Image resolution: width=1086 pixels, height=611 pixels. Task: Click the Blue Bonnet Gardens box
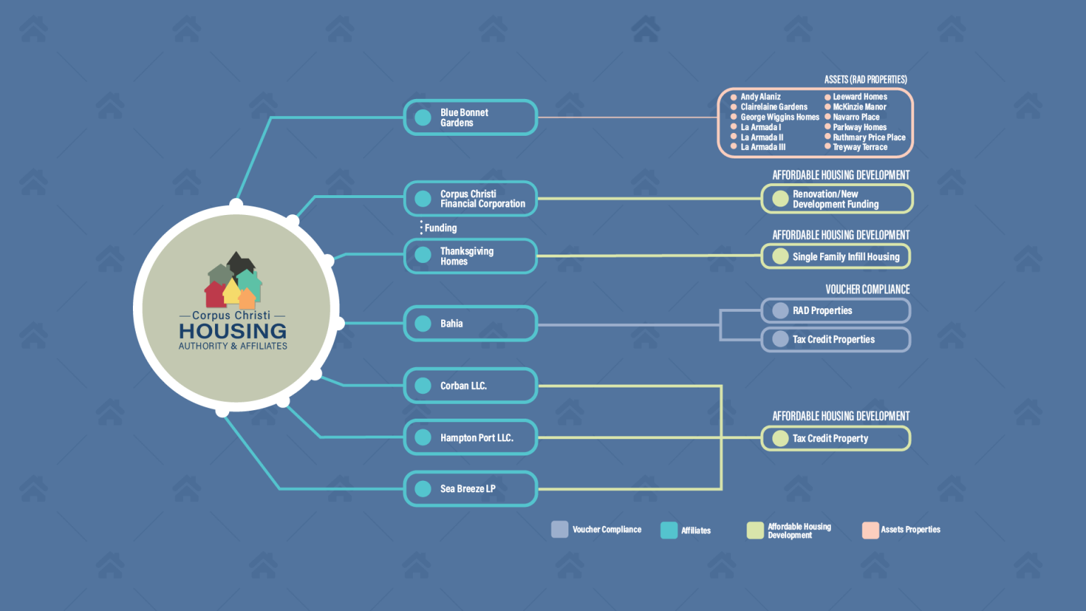pyautogui.click(x=470, y=117)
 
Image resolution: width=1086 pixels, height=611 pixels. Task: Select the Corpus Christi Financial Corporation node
pyautogui.click(x=470, y=199)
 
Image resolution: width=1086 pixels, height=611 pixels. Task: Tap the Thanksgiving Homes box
pyautogui.click(x=470, y=256)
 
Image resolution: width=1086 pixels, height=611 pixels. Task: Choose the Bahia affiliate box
pyautogui.click(x=470, y=323)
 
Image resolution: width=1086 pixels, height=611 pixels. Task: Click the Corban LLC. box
pyautogui.click(x=470, y=385)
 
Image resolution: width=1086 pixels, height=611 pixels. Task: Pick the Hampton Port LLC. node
pyautogui.click(x=470, y=438)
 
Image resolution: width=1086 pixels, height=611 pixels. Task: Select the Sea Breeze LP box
pyautogui.click(x=470, y=489)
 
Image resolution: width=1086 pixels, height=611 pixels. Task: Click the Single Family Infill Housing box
pyautogui.click(x=836, y=257)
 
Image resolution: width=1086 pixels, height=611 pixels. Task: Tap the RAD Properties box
pyautogui.click(x=836, y=311)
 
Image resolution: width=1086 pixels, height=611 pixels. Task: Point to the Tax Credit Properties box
pyautogui.click(x=836, y=339)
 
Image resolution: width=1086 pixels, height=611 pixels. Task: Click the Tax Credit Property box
pyautogui.click(x=836, y=438)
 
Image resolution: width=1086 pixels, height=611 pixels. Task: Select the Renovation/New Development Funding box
pyautogui.click(x=837, y=199)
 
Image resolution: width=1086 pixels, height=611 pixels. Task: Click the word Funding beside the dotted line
pyautogui.click(x=440, y=228)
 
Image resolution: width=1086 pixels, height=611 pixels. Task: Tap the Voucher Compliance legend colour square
pyautogui.click(x=559, y=530)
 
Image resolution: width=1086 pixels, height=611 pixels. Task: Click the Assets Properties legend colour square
pyautogui.click(x=870, y=530)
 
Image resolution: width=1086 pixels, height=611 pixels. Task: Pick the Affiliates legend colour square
pyautogui.click(x=669, y=530)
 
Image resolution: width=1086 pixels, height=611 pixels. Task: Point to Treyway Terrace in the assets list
pyautogui.click(x=860, y=147)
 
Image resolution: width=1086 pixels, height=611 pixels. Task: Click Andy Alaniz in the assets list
pyautogui.click(x=760, y=96)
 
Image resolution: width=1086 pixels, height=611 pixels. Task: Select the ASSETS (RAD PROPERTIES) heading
pyautogui.click(x=865, y=79)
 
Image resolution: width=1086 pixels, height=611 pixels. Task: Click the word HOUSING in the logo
pyautogui.click(x=233, y=331)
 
